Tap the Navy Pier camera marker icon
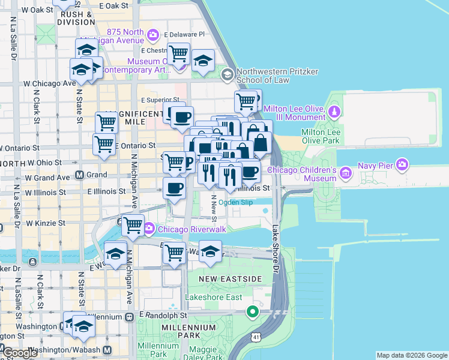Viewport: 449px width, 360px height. tap(402, 163)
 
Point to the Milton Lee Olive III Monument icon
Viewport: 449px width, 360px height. tap(334, 112)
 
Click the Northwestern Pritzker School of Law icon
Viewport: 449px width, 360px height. tap(227, 74)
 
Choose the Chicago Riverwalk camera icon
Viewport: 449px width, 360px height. tap(149, 228)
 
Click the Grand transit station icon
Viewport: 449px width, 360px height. tap(79, 175)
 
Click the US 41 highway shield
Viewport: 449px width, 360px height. tap(256, 331)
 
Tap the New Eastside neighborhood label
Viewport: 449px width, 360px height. tap(231, 279)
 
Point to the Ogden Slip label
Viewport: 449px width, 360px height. tap(235, 202)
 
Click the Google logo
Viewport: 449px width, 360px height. tap(20, 353)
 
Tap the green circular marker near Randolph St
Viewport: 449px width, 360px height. tap(253, 311)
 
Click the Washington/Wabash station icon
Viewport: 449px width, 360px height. tap(107, 350)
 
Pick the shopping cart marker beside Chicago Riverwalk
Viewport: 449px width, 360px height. tap(133, 226)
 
